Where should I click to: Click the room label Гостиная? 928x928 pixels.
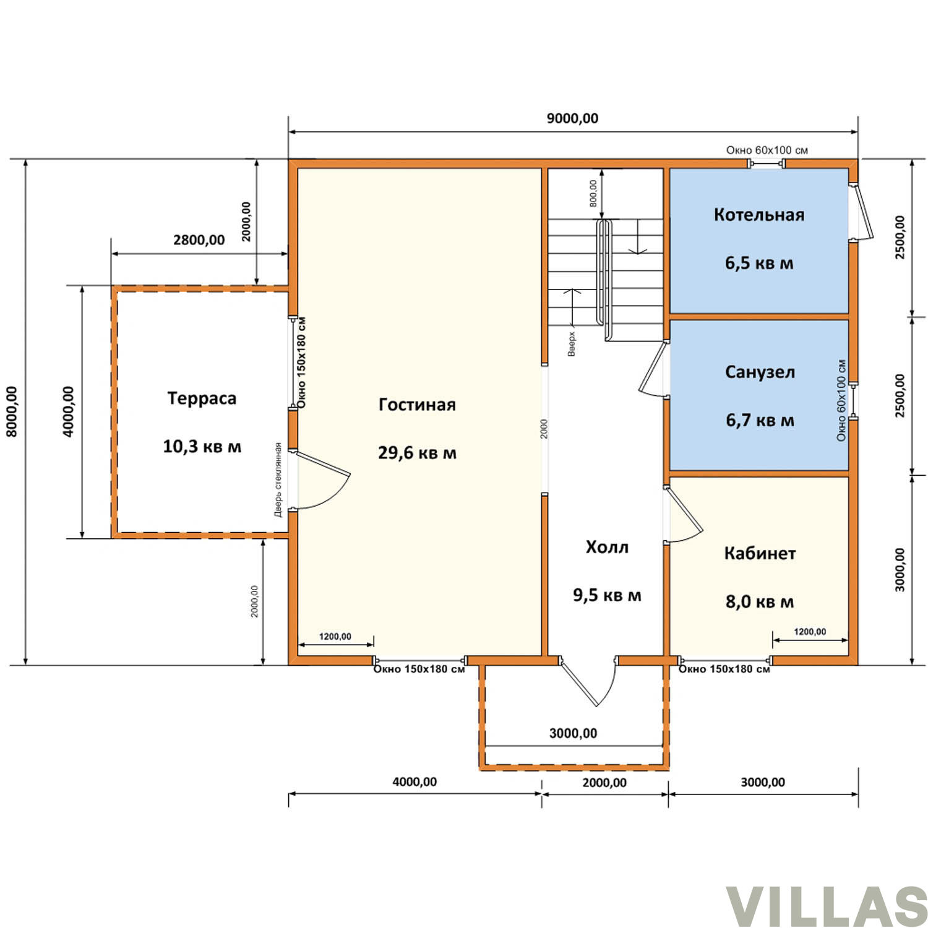pyautogui.click(x=417, y=405)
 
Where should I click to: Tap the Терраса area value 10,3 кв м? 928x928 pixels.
pyautogui.click(x=202, y=446)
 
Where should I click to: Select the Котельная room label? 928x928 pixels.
pyautogui.click(x=759, y=215)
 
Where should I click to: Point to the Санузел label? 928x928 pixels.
pyautogui.click(x=760, y=372)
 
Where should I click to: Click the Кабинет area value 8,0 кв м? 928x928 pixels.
pyautogui.click(x=760, y=601)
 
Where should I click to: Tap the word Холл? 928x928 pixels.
pyautogui.click(x=607, y=547)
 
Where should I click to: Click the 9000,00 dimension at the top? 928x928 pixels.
pyautogui.click(x=572, y=118)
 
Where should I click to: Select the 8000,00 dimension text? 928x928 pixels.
pyautogui.click(x=12, y=411)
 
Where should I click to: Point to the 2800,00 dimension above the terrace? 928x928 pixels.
pyautogui.click(x=199, y=239)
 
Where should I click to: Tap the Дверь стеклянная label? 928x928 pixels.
pyautogui.click(x=278, y=479)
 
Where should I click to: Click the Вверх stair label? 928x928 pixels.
pyautogui.click(x=572, y=344)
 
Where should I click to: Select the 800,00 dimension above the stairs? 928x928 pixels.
pyautogui.click(x=593, y=193)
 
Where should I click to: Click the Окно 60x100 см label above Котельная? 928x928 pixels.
pyautogui.click(x=767, y=150)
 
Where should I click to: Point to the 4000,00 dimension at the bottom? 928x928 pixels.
pyautogui.click(x=415, y=782)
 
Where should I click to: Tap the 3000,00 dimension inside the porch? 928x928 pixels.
pyautogui.click(x=573, y=734)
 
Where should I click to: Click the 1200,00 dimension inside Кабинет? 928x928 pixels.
pyautogui.click(x=810, y=632)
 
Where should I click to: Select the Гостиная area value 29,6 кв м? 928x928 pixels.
pyautogui.click(x=417, y=453)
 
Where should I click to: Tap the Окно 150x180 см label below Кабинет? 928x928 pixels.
pyautogui.click(x=724, y=669)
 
